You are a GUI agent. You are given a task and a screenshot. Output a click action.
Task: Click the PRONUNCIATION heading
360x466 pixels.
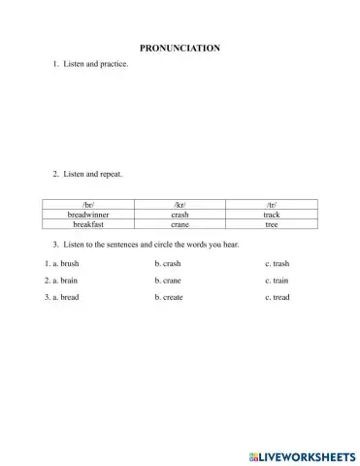[180, 48]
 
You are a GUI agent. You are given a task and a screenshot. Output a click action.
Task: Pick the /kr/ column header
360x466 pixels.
[179, 206]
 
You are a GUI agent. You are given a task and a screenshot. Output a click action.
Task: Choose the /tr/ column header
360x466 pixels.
[271, 206]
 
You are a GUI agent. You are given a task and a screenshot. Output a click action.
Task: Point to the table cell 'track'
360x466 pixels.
[271, 215]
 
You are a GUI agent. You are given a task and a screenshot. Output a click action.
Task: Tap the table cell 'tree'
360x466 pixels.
[271, 223]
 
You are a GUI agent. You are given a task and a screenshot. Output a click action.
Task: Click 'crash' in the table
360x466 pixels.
[179, 215]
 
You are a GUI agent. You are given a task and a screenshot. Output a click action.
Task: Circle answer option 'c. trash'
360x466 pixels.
[277, 263]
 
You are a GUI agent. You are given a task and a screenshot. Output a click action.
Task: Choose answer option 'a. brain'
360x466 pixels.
[61, 280]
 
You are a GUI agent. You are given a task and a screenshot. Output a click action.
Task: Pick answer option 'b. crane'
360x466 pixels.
[168, 280]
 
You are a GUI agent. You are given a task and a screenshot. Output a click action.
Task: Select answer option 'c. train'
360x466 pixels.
[277, 280]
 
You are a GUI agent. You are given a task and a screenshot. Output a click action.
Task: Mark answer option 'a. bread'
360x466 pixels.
[61, 297]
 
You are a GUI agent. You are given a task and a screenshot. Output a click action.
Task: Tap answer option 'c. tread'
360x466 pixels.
[277, 297]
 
